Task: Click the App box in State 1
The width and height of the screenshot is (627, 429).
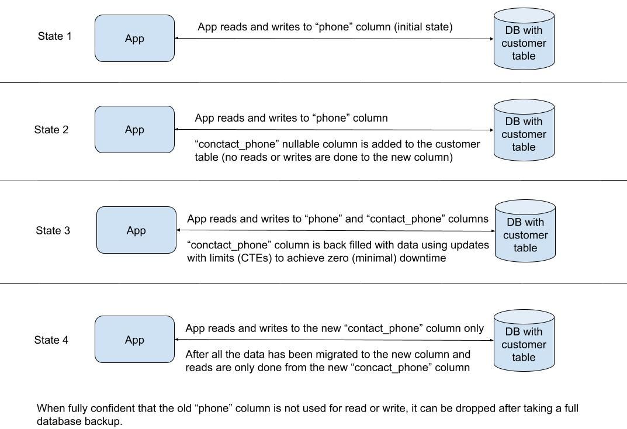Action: [134, 39]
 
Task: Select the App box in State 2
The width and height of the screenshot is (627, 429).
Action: [134, 130]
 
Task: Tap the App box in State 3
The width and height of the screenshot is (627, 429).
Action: [136, 230]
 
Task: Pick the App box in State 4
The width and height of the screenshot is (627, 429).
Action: [134, 340]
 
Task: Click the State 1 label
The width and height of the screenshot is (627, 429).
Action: [55, 36]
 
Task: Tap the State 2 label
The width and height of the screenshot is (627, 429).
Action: [51, 130]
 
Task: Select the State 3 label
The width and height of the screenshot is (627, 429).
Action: [53, 230]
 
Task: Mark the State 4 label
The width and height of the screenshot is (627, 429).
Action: [51, 340]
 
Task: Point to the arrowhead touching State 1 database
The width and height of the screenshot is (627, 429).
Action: [491, 39]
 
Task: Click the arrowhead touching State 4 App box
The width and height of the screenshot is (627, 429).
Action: [177, 340]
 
